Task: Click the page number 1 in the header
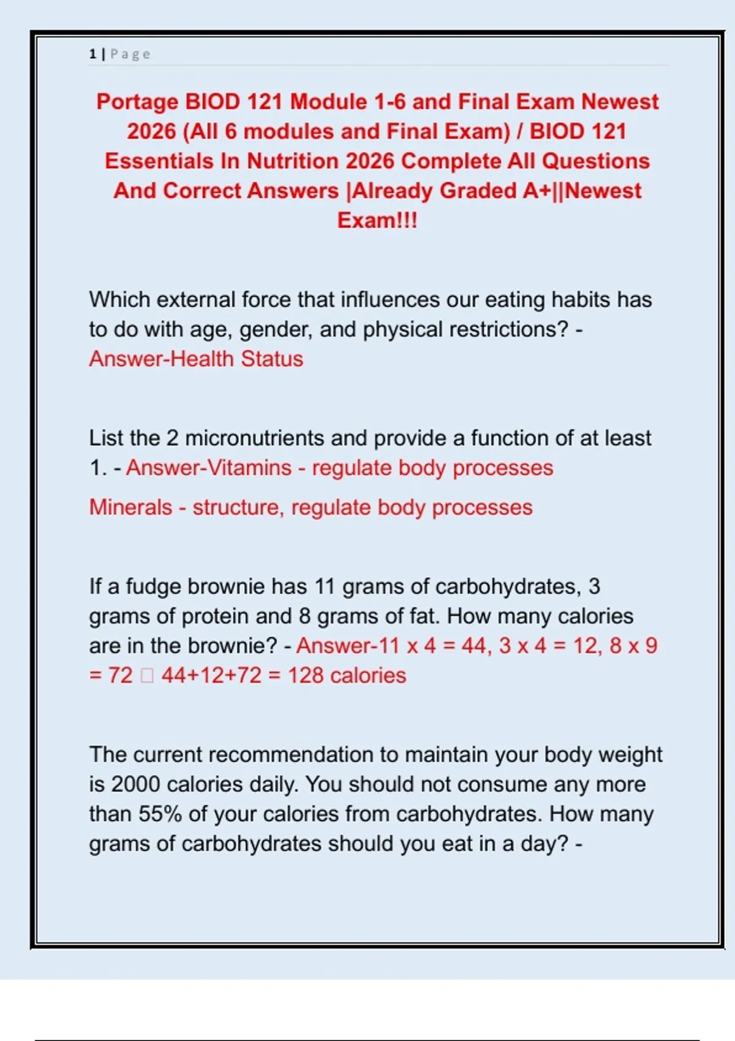point(92,54)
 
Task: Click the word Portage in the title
point(137,102)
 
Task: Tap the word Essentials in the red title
point(159,161)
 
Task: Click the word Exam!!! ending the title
point(377,220)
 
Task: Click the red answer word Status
point(271,359)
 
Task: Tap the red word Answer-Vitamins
point(209,468)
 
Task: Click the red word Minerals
point(130,508)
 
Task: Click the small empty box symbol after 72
point(147,675)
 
